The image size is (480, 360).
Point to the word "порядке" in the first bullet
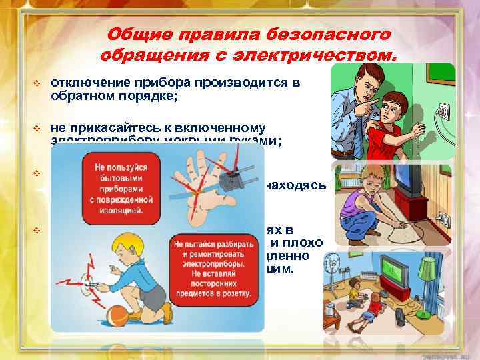click(151, 95)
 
